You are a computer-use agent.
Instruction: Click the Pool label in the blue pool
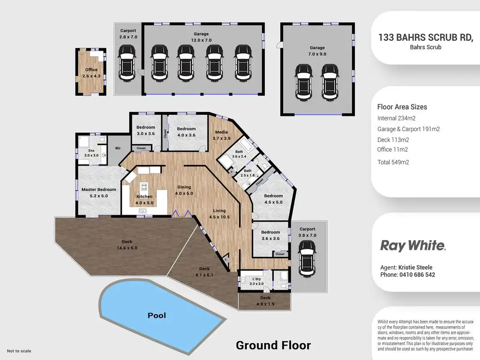(x=157, y=315)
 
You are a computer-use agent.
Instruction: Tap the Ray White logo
(x=412, y=246)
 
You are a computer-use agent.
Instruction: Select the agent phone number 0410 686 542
(x=417, y=275)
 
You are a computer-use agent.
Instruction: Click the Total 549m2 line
(x=393, y=162)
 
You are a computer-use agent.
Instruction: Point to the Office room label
(x=91, y=69)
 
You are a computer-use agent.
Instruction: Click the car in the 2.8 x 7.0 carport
(x=127, y=63)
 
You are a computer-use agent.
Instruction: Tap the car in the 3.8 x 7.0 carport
(x=307, y=259)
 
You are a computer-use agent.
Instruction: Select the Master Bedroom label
(x=98, y=189)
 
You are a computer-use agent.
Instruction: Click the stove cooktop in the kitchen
(x=144, y=187)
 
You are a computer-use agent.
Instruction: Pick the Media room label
(x=221, y=132)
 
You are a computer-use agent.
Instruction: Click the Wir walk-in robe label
(x=118, y=148)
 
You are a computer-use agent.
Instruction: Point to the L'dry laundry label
(x=256, y=279)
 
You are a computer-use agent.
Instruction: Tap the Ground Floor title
(x=273, y=345)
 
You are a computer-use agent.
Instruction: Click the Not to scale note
(x=19, y=351)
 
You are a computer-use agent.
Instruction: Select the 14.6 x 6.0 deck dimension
(x=127, y=248)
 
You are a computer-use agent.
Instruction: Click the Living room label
(x=219, y=210)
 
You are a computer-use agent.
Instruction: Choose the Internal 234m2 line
(x=397, y=118)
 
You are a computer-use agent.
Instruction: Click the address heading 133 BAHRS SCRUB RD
(x=426, y=37)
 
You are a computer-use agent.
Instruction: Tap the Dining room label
(x=184, y=187)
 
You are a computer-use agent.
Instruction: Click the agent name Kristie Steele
(x=415, y=267)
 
